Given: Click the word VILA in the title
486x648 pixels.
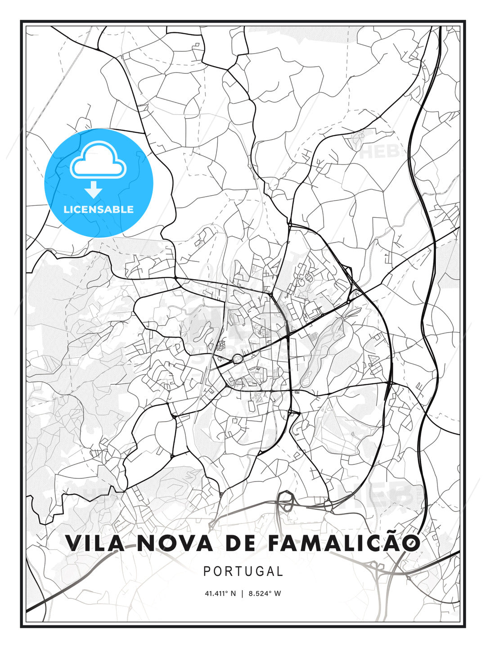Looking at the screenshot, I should pos(94,543).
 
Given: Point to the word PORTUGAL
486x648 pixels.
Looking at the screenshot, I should pos(243,571).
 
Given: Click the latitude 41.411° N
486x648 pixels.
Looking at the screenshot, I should pos(220,594).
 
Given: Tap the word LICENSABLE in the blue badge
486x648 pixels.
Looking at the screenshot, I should pos(99,209).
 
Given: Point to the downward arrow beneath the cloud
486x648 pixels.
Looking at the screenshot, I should pos(94,189).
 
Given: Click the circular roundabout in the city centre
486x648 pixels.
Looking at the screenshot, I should pos(237,359).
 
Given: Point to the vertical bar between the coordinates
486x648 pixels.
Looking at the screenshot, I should pos(242,594).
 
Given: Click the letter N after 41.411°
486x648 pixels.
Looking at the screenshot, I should pos(233,594).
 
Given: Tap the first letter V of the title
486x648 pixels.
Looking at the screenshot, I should pos(74,543).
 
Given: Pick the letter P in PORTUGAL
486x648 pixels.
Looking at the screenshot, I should pos(207,571).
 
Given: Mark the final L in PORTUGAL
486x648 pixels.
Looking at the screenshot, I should pos(280,571).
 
